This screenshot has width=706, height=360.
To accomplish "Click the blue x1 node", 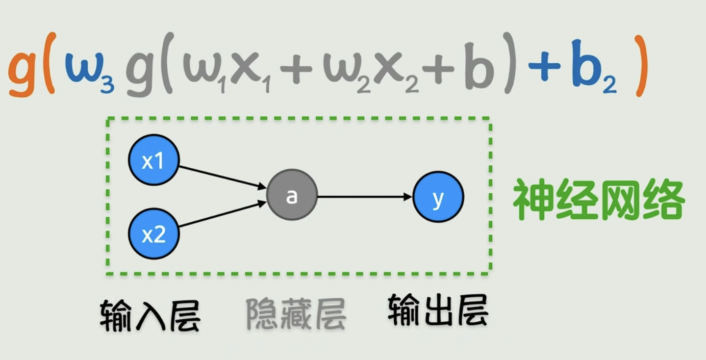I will (154, 160).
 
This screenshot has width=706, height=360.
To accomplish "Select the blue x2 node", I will (154, 234).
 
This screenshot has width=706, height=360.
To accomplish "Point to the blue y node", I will (438, 197).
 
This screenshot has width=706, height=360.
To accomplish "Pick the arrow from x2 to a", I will (223, 214).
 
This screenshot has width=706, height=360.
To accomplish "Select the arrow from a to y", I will (365, 196).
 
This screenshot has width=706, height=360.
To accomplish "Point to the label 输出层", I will (438, 311).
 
